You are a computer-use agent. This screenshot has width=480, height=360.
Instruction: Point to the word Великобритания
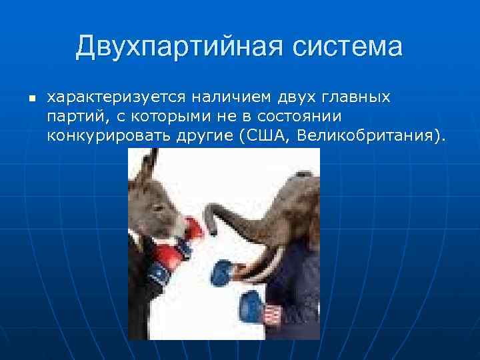369,137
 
